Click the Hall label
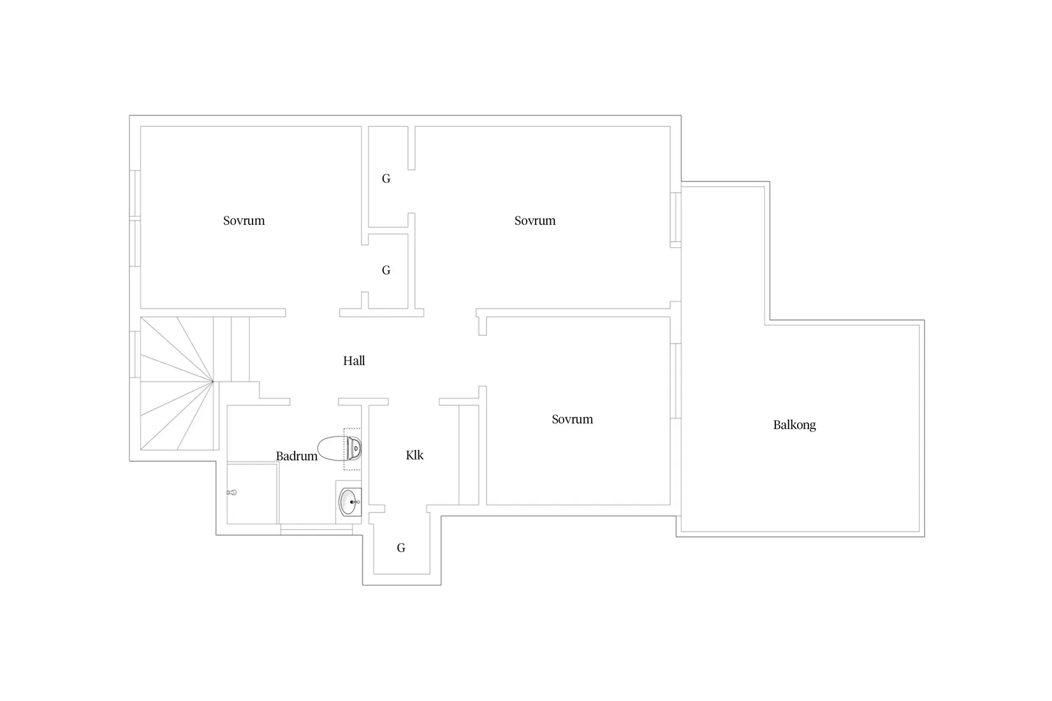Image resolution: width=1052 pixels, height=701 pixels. tap(354, 361)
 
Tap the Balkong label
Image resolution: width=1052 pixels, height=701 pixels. tap(794, 426)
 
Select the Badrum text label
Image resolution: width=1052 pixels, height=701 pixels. tap(296, 456)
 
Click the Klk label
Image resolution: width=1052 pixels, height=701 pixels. tap(414, 455)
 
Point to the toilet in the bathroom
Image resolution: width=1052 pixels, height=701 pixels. tap(339, 449)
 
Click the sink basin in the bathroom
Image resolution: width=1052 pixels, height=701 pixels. tap(349, 502)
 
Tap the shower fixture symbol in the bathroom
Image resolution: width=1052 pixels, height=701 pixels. tap(232, 493)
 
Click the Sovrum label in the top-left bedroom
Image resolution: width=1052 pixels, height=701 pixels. tap(244, 220)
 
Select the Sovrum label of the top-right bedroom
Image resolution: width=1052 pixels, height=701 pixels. tap(535, 220)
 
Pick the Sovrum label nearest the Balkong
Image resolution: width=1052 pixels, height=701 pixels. tap(572, 419)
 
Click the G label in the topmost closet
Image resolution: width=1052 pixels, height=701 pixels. tap(386, 178)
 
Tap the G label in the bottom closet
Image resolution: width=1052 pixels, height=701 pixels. tap(401, 547)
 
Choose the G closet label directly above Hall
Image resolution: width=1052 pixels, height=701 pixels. tap(386, 270)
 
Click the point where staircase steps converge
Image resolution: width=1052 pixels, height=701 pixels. tap(213, 381)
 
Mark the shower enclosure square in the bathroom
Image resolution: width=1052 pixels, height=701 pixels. tap(252, 493)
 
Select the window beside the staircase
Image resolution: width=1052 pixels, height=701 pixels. tap(135, 354)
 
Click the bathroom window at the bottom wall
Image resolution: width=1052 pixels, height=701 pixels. tap(316, 530)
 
